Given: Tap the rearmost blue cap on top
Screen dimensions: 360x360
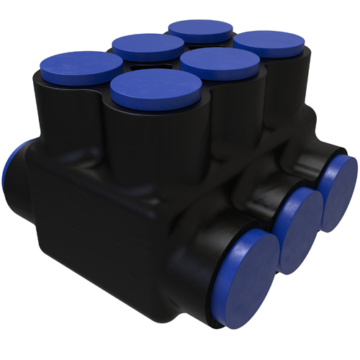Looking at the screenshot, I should (x=201, y=30).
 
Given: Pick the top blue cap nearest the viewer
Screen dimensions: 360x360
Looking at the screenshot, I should (x=156, y=86).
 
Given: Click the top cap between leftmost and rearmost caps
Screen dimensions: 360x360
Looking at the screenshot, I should (x=148, y=46).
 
